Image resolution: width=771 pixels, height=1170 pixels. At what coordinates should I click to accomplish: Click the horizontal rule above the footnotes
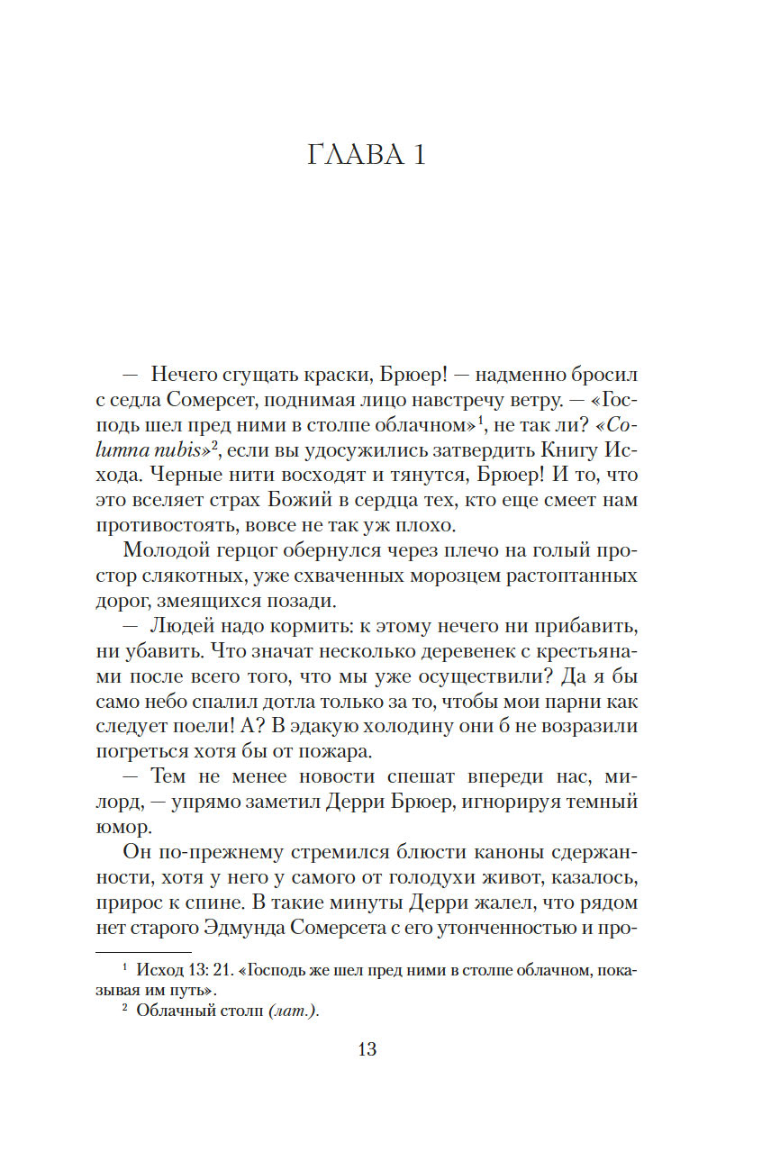pyautogui.click(x=143, y=952)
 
